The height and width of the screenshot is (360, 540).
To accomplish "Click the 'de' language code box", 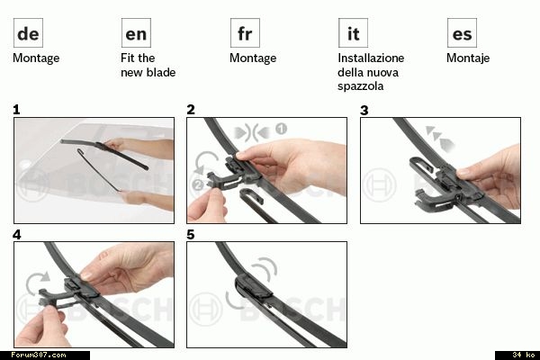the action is point(28,33).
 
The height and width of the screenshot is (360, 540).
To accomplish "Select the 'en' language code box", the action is point(136,33).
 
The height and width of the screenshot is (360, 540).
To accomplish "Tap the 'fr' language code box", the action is point(245,33).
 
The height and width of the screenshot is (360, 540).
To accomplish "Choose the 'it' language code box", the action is point(353,33).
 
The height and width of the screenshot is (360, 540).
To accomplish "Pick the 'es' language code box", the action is point(462,33).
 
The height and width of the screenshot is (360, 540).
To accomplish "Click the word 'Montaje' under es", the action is point(468,58).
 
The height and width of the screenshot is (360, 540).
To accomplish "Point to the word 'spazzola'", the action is point(360,86).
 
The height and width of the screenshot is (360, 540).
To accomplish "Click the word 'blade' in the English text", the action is point(161,72).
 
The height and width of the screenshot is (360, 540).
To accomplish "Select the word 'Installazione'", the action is point(371,58).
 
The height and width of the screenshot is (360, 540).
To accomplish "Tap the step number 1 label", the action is point(16,110).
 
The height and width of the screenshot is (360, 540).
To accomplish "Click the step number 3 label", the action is point(364,110).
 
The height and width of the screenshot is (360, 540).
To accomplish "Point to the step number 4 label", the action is point(17,235).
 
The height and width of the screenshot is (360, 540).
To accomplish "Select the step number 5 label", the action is point(191,235).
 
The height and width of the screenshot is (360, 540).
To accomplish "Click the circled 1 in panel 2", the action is point(281,130).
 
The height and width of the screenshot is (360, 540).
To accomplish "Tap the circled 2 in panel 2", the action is point(198,185).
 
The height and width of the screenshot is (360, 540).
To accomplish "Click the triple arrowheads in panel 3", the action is point(440,139).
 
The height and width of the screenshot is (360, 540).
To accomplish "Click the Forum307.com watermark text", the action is point(38,355).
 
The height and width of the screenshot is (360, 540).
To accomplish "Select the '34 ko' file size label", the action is point(524,355).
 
